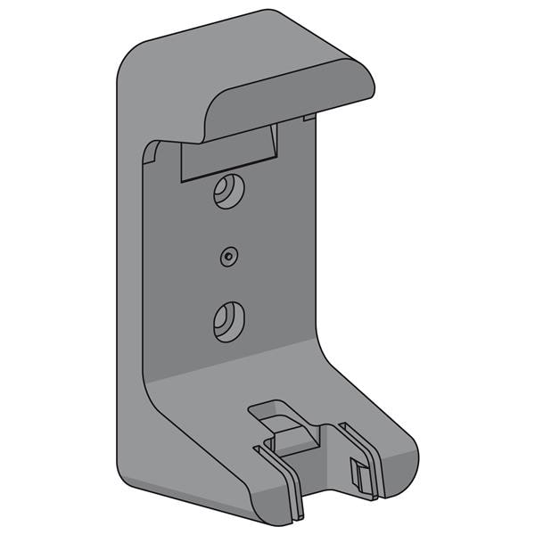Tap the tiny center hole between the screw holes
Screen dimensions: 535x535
(x=229, y=256)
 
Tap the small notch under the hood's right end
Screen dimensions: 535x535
(x=309, y=117)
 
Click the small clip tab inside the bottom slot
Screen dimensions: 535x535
(x=358, y=473)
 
